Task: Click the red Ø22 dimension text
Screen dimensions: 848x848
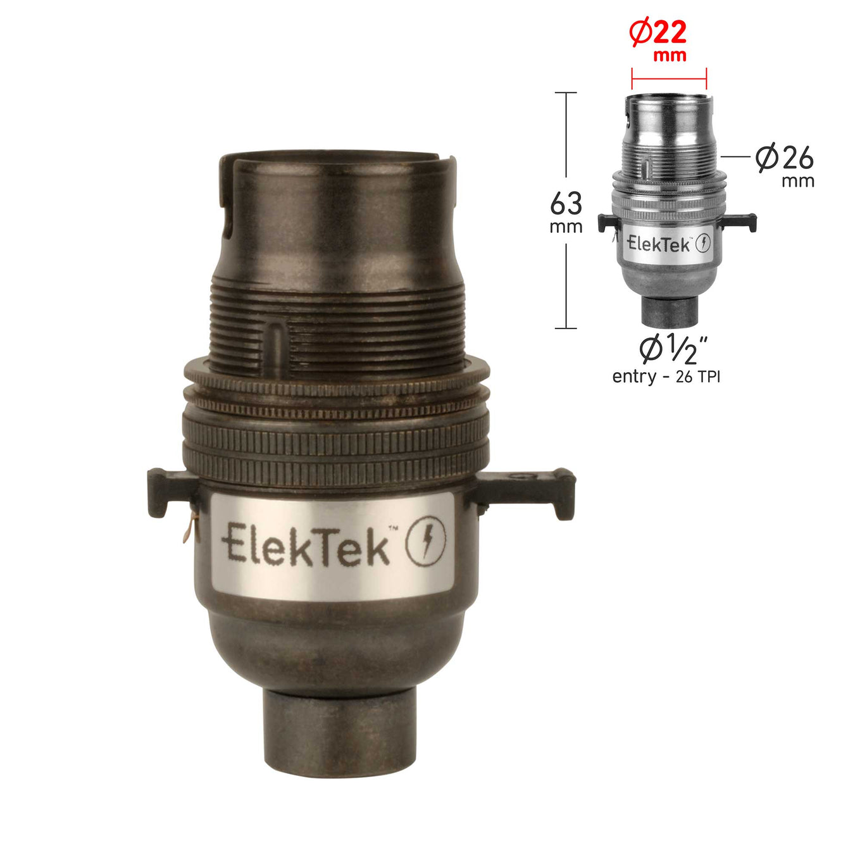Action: click(658, 34)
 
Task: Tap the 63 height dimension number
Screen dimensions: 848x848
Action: click(566, 203)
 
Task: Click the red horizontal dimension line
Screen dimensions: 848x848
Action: click(669, 79)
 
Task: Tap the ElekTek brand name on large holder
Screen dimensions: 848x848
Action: click(306, 544)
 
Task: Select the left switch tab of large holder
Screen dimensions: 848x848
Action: click(171, 492)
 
